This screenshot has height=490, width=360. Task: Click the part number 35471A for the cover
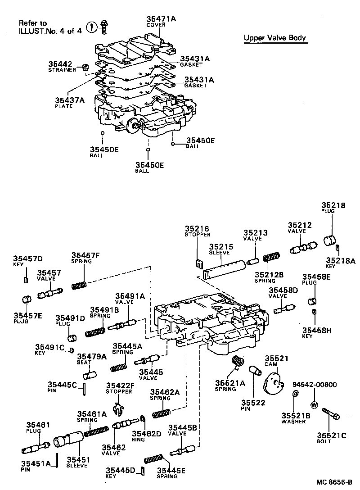click(162, 18)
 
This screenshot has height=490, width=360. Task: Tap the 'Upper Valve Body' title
click(275, 38)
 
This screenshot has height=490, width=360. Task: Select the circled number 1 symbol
click(91, 27)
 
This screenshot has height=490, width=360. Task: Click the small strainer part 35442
click(84, 68)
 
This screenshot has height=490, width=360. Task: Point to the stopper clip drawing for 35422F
click(117, 409)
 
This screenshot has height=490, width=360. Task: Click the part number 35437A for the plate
click(70, 100)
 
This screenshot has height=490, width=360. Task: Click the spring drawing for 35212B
click(271, 259)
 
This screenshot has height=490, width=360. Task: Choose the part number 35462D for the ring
click(146, 434)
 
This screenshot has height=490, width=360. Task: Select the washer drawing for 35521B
click(295, 395)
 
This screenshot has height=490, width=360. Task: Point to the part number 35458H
click(317, 330)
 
